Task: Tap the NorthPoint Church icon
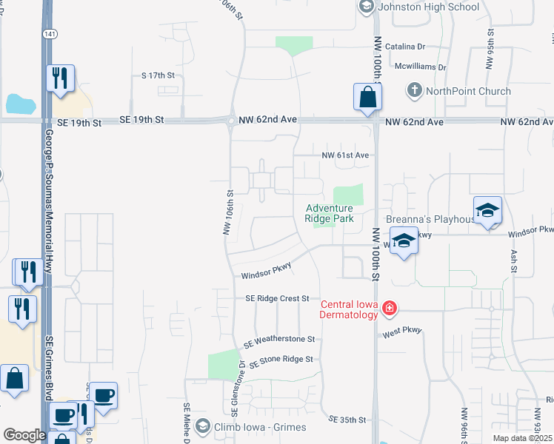pos(414,92)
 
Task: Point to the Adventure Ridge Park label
pos(330,213)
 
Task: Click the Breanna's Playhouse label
pos(430,219)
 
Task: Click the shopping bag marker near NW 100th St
pos(367,97)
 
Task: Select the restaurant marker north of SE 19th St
pos(60,77)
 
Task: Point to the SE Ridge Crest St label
pos(277,298)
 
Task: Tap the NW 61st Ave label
pos(345,155)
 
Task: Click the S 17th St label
pos(158,75)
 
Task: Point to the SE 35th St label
pos(348,420)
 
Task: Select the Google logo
pos(24,435)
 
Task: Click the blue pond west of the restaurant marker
pos(20,104)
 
